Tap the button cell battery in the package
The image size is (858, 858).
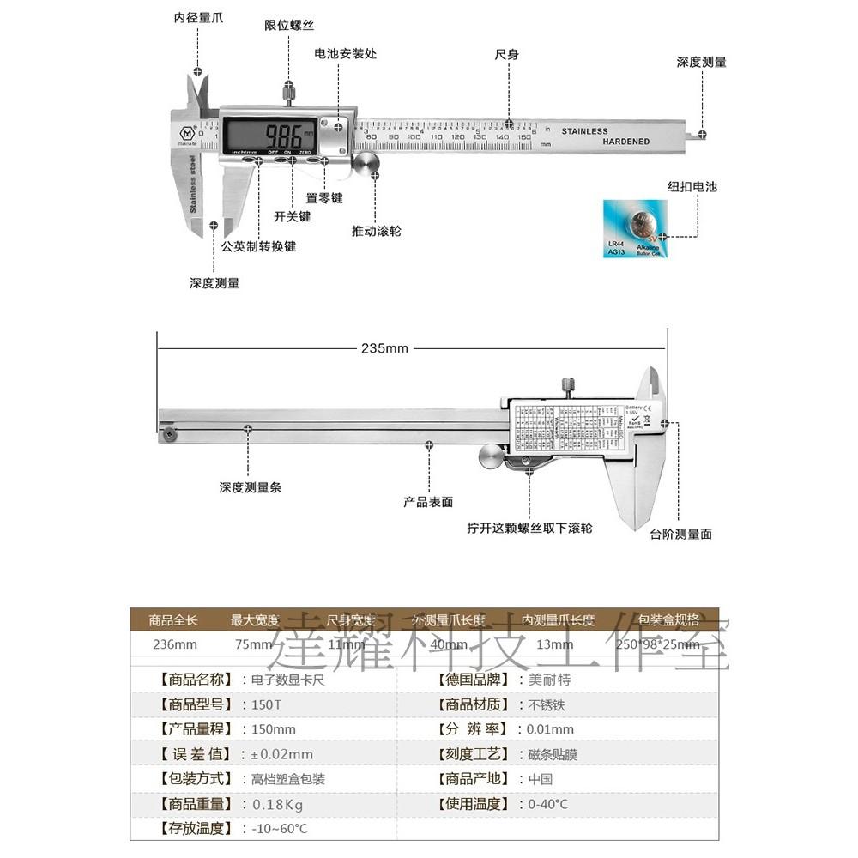(x=639, y=227)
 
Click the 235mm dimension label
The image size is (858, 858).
(x=384, y=348)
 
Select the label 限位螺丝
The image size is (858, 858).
(x=289, y=26)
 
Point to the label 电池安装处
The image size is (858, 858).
(x=346, y=53)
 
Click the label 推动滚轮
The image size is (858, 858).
(x=377, y=231)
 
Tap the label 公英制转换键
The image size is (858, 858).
(x=258, y=245)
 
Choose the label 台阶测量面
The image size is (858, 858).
(x=681, y=534)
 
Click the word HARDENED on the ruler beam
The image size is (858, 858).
(x=626, y=142)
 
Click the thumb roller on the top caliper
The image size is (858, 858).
(x=367, y=164)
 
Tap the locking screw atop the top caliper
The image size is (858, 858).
(x=290, y=89)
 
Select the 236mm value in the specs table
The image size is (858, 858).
(x=174, y=644)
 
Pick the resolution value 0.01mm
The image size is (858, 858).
(x=551, y=729)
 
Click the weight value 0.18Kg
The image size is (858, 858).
(x=277, y=804)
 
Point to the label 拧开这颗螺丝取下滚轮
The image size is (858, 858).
(x=529, y=528)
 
